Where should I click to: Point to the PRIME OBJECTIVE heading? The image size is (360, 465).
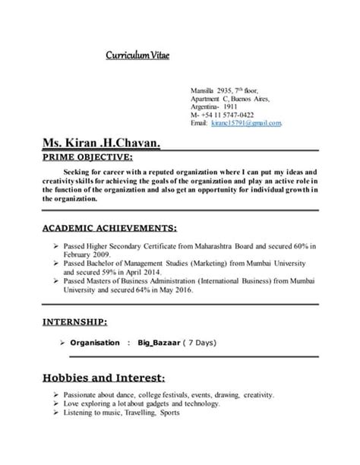point(87,158)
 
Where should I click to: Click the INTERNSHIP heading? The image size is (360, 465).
point(74,321)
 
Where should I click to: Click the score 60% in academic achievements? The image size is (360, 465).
point(296,247)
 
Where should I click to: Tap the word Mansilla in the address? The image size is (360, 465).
point(202,90)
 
